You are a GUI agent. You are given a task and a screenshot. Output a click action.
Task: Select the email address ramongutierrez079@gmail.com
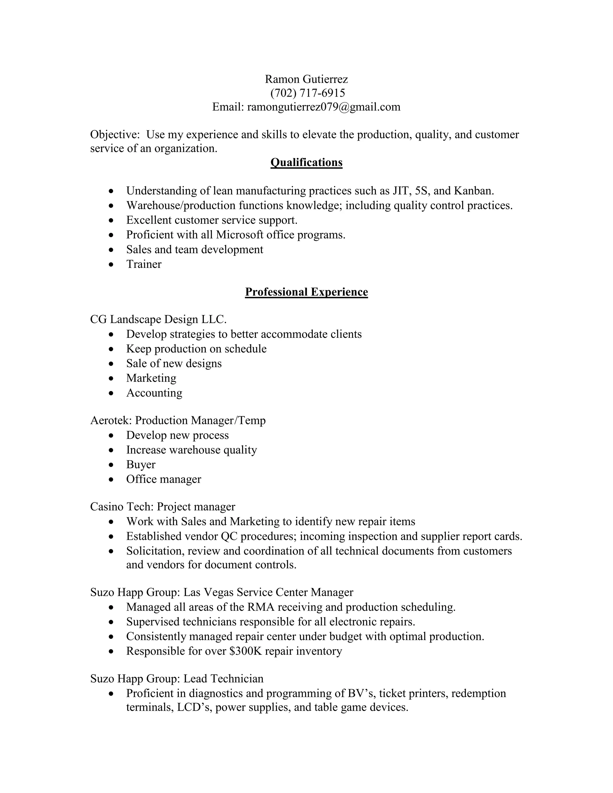pos(324,107)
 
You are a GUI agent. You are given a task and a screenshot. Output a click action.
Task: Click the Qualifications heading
pos(306,162)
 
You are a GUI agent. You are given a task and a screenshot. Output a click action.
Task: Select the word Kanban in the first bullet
pos(473,191)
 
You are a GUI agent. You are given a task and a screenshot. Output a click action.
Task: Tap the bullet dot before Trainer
pos(111,264)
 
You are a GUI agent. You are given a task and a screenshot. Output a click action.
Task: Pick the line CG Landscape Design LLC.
pos(158,319)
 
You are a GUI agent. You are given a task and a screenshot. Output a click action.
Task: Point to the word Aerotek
pos(111,420)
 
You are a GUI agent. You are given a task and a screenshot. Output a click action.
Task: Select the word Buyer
pos(141,464)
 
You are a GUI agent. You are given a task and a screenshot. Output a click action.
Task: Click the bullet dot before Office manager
pos(111,479)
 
